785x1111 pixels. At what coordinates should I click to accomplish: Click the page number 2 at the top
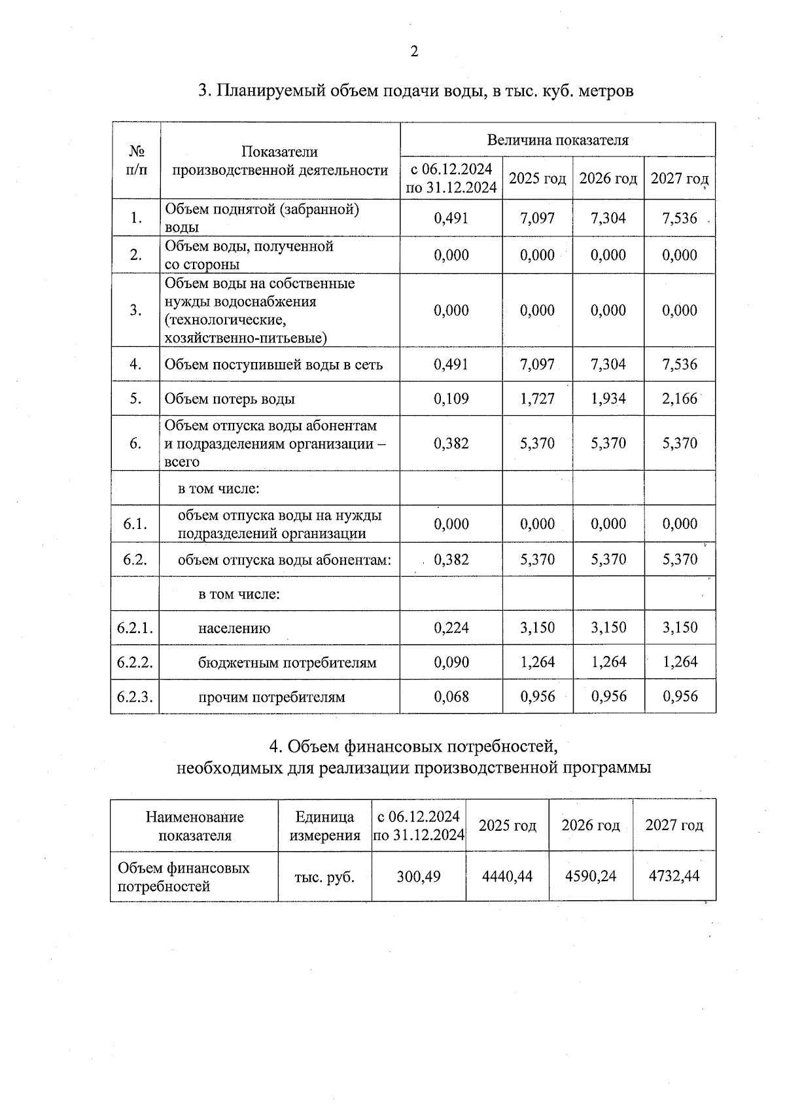coord(414,52)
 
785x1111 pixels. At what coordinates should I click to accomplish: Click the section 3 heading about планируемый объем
coord(415,90)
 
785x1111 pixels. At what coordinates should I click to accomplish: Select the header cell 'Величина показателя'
coord(557,139)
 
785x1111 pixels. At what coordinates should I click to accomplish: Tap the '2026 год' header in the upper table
coord(608,178)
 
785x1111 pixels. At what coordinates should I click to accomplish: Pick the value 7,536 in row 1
coord(680,218)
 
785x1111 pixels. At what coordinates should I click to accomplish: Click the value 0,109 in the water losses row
coord(451,399)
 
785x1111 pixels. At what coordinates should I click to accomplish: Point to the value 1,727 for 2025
coord(537,399)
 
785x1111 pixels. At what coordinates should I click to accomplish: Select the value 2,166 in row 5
coord(680,399)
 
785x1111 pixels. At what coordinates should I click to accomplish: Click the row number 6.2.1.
coord(135,628)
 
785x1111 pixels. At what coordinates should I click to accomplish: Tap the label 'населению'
coord(234,628)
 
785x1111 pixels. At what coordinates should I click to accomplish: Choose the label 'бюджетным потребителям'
coord(287,663)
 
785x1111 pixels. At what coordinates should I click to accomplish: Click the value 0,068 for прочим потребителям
coord(451,697)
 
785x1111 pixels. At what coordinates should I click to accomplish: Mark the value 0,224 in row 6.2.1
coord(451,628)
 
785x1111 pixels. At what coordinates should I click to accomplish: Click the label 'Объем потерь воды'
coord(230,399)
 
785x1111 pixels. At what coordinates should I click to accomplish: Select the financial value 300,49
coord(419,876)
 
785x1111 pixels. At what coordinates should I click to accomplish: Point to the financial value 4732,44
coord(674,876)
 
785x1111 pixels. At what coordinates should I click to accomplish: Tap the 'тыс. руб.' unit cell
coord(324,877)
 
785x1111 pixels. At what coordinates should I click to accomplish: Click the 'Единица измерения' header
coord(324,826)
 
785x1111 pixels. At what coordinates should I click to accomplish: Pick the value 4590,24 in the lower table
coord(591,876)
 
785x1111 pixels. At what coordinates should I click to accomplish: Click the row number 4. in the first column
coord(135,364)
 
